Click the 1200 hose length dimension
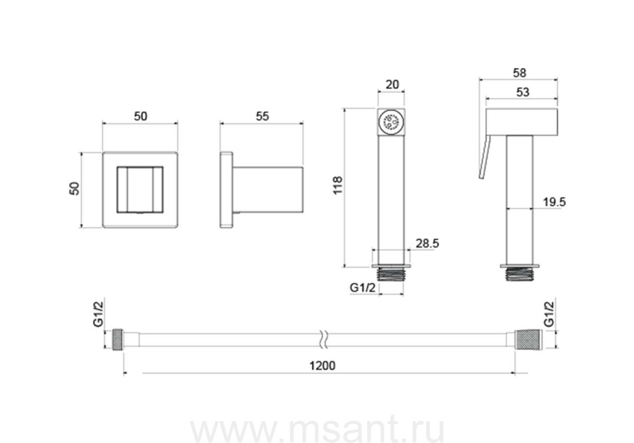coord(322,366)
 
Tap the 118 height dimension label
coord(337,185)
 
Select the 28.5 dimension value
coord(427,243)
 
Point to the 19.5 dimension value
coord(554,201)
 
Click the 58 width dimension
coord(519,73)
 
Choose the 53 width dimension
coord(523,92)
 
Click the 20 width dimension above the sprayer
coord(392,85)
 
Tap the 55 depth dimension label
coord(262,116)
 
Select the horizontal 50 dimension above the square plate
coord(140,116)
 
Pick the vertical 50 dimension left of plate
coord(75,189)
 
